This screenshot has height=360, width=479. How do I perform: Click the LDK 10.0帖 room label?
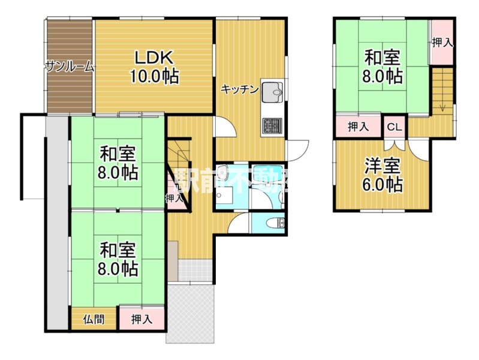tap(155, 67)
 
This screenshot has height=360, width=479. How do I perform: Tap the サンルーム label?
tap(70, 67)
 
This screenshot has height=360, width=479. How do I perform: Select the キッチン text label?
tap(240, 89)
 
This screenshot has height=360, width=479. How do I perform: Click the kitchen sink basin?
tap(273, 92)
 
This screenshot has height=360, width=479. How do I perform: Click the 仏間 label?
tap(94, 319)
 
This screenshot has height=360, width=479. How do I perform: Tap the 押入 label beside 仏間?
tap(141, 319)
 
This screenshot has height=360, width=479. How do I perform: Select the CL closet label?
tap(394, 127)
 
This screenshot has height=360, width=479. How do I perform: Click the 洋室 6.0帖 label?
tap(382, 175)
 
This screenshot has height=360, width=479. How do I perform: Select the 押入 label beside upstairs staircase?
tap(442, 43)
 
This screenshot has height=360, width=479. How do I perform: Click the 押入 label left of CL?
tap(359, 127)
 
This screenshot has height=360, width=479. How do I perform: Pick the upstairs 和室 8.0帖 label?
tap(382, 67)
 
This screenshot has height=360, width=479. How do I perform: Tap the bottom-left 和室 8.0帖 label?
tap(118, 259)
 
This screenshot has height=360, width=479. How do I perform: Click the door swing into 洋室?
tap(419, 150)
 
